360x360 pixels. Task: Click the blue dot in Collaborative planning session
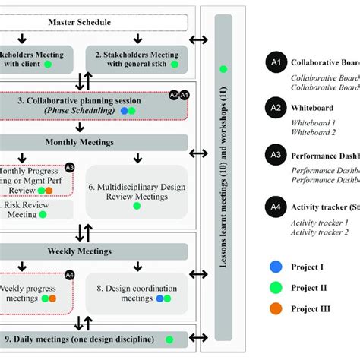click(125, 111)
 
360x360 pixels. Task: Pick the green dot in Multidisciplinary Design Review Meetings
click(137, 205)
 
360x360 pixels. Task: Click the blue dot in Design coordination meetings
click(160, 298)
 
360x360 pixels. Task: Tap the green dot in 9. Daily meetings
click(169, 339)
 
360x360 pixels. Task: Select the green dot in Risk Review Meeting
click(43, 215)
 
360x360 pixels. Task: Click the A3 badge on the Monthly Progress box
click(69, 167)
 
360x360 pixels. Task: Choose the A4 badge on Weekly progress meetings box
click(69, 275)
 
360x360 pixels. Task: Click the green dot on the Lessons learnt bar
click(223, 70)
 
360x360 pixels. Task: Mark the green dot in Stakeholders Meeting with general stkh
click(174, 65)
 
